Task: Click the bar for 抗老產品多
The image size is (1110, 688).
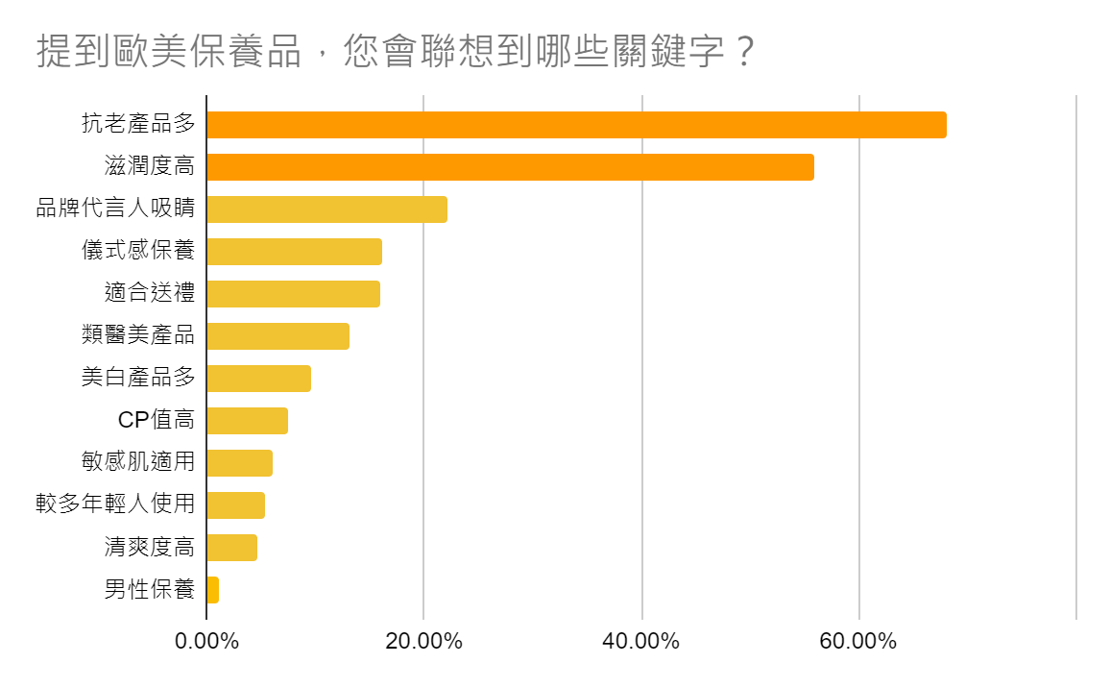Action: pyautogui.click(x=576, y=125)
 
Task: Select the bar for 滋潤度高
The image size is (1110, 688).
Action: pyautogui.click(x=510, y=167)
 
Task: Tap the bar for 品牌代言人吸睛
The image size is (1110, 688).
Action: pyautogui.click(x=326, y=209)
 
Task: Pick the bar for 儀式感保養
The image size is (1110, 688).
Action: pyautogui.click(x=294, y=252)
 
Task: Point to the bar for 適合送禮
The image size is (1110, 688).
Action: pyautogui.click(x=293, y=294)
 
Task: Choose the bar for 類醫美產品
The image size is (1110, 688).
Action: pyautogui.click(x=277, y=336)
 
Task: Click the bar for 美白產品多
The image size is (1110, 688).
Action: pyautogui.click(x=258, y=379)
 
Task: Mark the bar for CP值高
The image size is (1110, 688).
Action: pyautogui.click(x=247, y=421)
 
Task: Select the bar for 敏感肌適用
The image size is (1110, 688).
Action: pyautogui.click(x=239, y=463)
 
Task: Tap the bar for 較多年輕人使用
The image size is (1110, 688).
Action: pyautogui.click(x=235, y=505)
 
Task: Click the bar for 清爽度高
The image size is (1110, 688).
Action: pyautogui.click(x=231, y=548)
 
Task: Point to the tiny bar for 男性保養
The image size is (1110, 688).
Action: pyautogui.click(x=212, y=590)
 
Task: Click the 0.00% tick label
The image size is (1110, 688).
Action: pyautogui.click(x=206, y=641)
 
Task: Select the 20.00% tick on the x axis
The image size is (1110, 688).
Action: pyautogui.click(x=423, y=641)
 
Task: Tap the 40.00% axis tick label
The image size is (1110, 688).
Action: pyautogui.click(x=641, y=641)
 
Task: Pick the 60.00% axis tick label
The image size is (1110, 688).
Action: pyautogui.click(x=858, y=641)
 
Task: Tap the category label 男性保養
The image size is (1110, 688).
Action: pyautogui.click(x=149, y=590)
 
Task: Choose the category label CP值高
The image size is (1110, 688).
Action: pyautogui.click(x=156, y=421)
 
